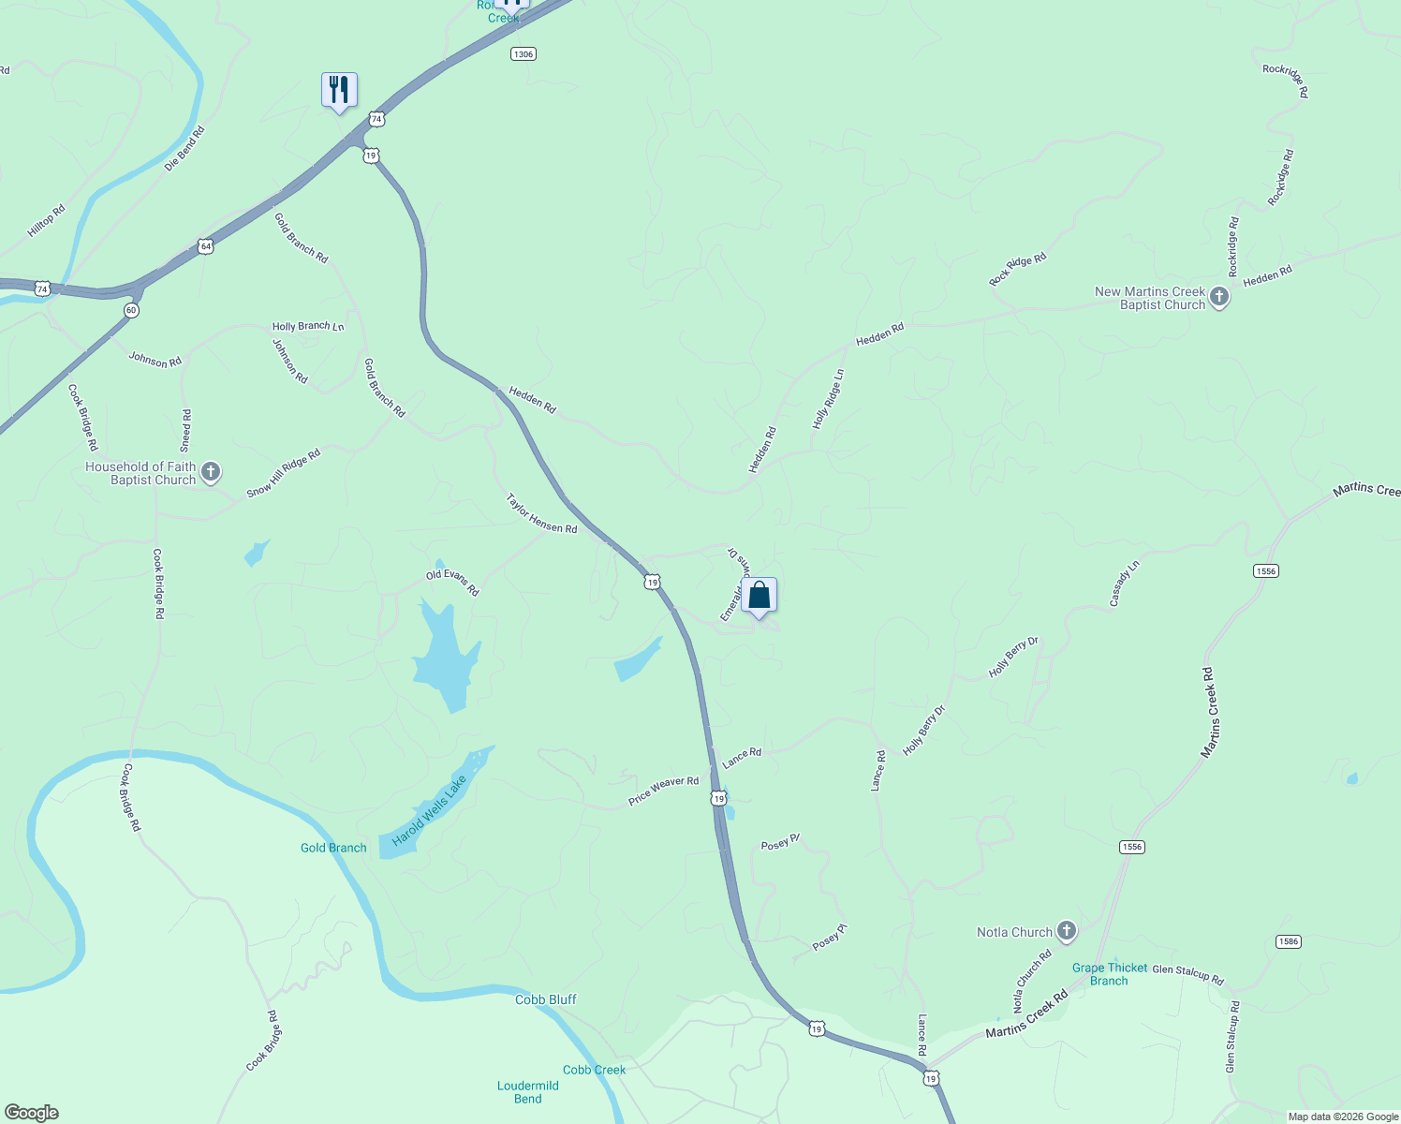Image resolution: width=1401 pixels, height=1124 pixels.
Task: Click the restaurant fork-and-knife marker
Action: pyautogui.click(x=339, y=90)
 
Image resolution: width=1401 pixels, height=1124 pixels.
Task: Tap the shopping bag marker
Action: pyautogui.click(x=759, y=595)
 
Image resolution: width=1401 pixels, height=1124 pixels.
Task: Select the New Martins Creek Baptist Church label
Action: pyautogui.click(x=1150, y=298)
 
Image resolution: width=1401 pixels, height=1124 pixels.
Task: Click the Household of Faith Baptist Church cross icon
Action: pyautogui.click(x=211, y=472)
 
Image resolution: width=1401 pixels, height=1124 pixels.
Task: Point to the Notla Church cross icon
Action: pyautogui.click(x=1066, y=931)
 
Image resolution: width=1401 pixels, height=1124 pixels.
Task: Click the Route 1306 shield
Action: pyautogui.click(x=523, y=54)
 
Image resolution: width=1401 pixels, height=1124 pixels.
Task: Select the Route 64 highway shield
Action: pyautogui.click(x=206, y=246)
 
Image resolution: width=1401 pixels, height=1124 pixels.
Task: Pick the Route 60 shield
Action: pyautogui.click(x=131, y=310)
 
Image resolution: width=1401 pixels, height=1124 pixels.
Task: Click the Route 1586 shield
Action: pyautogui.click(x=1289, y=941)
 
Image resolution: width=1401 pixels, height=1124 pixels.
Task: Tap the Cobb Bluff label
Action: pyautogui.click(x=546, y=999)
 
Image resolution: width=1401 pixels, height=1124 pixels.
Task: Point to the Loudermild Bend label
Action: pyautogui.click(x=528, y=1092)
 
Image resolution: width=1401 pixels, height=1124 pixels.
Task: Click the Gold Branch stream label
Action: pyautogui.click(x=333, y=848)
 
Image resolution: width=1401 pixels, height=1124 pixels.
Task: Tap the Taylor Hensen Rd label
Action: pyautogui.click(x=541, y=514)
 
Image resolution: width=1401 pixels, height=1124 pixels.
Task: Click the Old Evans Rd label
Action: pyautogui.click(x=452, y=583)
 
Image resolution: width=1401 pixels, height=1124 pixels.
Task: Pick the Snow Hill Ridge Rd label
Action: pyautogui.click(x=283, y=473)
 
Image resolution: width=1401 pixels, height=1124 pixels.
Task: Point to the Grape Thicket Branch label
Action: pyautogui.click(x=1110, y=974)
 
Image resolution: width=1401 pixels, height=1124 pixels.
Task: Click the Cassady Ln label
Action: pyautogui.click(x=1124, y=584)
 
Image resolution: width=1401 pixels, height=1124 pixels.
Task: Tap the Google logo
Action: pyautogui.click(x=32, y=1113)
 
